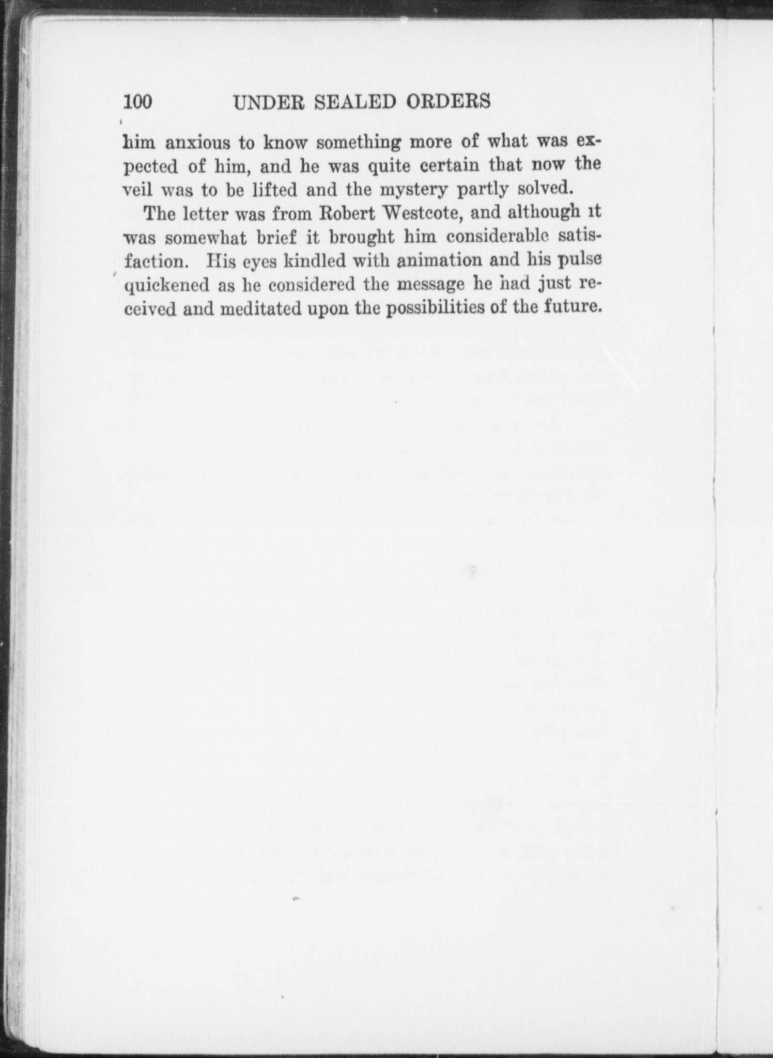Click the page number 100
click(138, 102)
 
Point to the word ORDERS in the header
click(448, 102)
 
